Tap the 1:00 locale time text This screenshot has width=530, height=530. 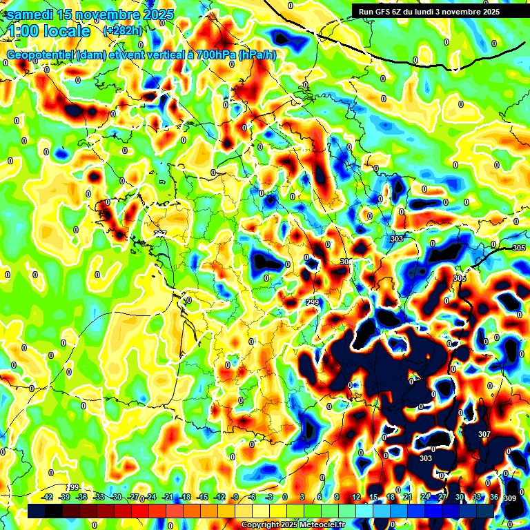pyautogui.click(x=50, y=31)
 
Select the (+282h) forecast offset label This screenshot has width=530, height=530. pyautogui.click(x=124, y=31)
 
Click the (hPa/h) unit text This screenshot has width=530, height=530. pyautogui.click(x=259, y=55)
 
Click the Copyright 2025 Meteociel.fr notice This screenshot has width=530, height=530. pyautogui.click(x=293, y=525)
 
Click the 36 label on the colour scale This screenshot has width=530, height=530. pyautogui.click(x=494, y=497)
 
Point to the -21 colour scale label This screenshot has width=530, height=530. pyautogui.click(x=168, y=497)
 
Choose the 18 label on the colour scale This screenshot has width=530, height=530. pyautogui.click(x=391, y=497)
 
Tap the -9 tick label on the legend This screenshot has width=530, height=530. pyautogui.click(x=235, y=497)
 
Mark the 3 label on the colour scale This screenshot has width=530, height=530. pyautogui.click(x=302, y=497)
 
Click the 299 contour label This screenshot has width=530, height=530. pyautogui.click(x=313, y=303)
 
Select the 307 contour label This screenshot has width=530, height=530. pyautogui.click(x=484, y=434)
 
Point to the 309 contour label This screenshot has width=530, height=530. pyautogui.click(x=510, y=498)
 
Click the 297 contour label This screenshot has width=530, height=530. pyautogui.click(x=160, y=235)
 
